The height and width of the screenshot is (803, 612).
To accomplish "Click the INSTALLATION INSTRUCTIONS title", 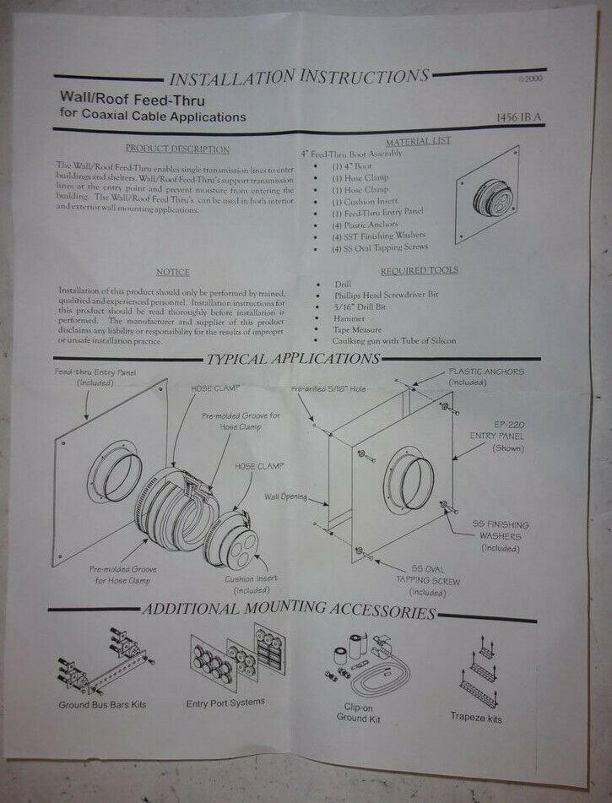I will (299, 79).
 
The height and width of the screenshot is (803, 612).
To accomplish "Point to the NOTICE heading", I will (172, 272).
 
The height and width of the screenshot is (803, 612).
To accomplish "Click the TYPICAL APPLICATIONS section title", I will (293, 358).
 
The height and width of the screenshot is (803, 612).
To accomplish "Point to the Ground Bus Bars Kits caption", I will (103, 704).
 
